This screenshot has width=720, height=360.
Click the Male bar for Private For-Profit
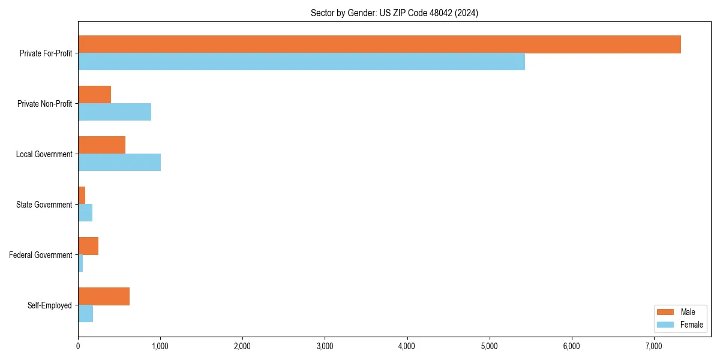379,44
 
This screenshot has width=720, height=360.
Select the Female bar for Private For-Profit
301,61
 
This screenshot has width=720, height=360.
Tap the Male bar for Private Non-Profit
94,95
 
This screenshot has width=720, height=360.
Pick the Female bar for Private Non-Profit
115,112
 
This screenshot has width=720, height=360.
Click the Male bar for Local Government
101,145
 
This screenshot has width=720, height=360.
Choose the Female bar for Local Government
119,162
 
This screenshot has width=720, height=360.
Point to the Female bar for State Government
85,212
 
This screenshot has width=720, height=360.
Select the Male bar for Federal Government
88,246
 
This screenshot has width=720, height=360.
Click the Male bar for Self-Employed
104,296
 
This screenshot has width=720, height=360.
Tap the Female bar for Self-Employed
85,313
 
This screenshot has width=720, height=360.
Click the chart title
394,13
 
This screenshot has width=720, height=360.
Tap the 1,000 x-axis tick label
160,346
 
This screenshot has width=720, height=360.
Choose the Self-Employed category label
50,305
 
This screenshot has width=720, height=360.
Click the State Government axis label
44,205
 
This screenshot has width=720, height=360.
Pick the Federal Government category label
41,255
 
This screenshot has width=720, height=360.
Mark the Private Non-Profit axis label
45,104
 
